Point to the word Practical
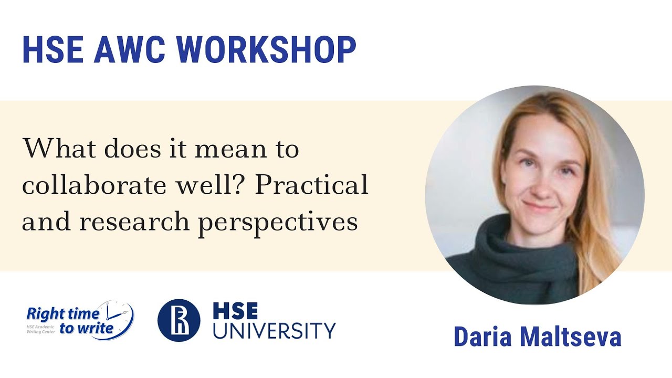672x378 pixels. coord(311,186)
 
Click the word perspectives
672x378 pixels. coord(278,223)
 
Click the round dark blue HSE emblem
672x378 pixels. coord(179,320)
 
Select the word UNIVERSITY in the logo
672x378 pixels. coord(274,331)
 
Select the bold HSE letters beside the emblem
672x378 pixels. coord(235,311)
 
